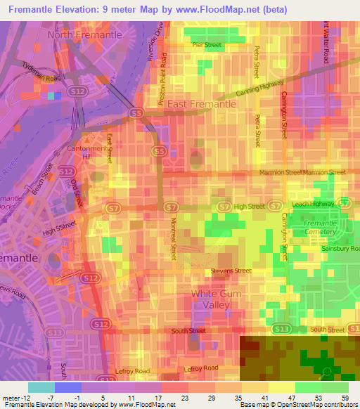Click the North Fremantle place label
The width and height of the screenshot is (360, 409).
[84, 34]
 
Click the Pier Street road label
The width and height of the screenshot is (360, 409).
[207, 45]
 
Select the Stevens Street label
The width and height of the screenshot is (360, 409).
[231, 271]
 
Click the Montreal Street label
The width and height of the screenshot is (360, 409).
[173, 239]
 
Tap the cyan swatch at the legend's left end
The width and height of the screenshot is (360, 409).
[41, 387]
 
